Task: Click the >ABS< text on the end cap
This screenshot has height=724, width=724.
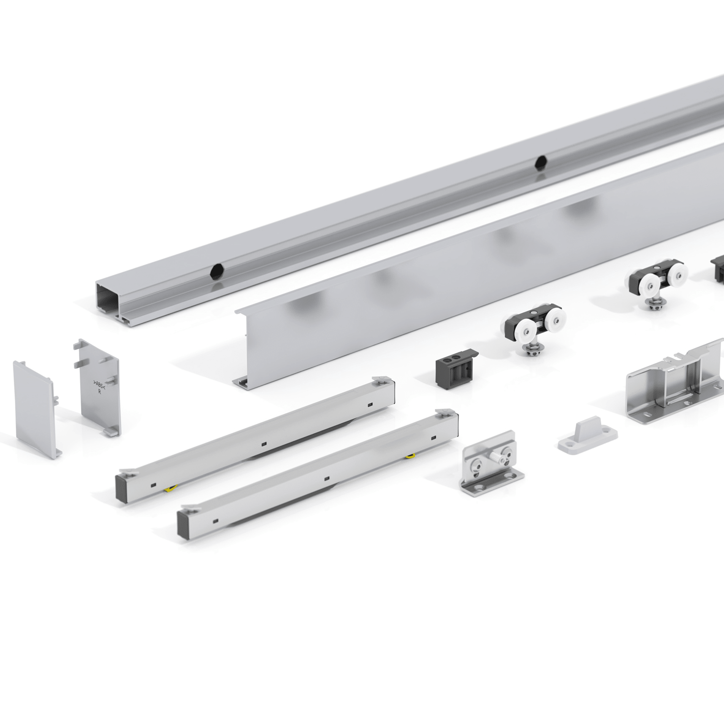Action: tap(99, 384)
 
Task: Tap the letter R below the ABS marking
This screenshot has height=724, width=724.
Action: tap(99, 392)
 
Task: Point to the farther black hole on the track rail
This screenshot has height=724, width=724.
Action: tap(541, 163)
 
